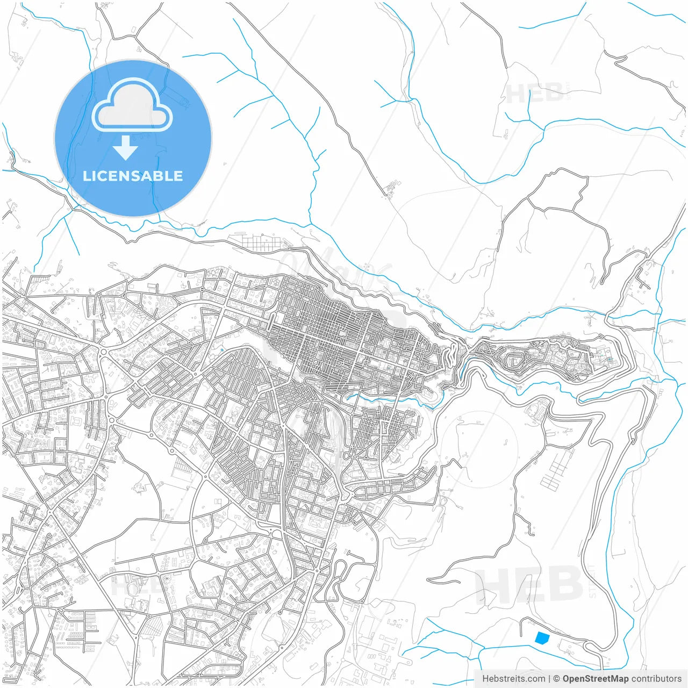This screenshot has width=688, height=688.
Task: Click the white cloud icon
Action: (x=132, y=106)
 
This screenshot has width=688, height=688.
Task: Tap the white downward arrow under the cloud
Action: (x=126, y=147)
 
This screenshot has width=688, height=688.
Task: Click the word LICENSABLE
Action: (x=133, y=176)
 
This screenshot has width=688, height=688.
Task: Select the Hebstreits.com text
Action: (x=513, y=678)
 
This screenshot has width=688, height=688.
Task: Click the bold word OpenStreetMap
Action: (x=595, y=678)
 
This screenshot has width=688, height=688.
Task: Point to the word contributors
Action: (x=656, y=678)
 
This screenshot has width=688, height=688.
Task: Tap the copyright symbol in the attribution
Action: (x=556, y=678)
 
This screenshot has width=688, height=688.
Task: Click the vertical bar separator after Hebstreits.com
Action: (x=549, y=678)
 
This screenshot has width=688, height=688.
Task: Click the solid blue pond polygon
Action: (x=542, y=638)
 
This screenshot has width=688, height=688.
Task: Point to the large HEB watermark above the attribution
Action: (x=529, y=584)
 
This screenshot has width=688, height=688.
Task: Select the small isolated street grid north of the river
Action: (x=258, y=243)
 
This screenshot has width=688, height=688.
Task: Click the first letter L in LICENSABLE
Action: (x=86, y=176)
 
